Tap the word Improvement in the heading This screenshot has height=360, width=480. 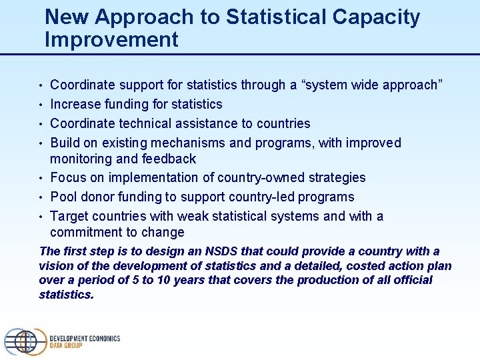[x=111, y=40]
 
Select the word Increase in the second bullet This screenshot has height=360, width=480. [x=77, y=104]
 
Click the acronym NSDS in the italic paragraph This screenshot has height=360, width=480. [x=218, y=251]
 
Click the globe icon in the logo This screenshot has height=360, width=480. [x=23, y=342]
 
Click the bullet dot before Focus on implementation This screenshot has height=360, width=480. [x=41, y=178]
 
